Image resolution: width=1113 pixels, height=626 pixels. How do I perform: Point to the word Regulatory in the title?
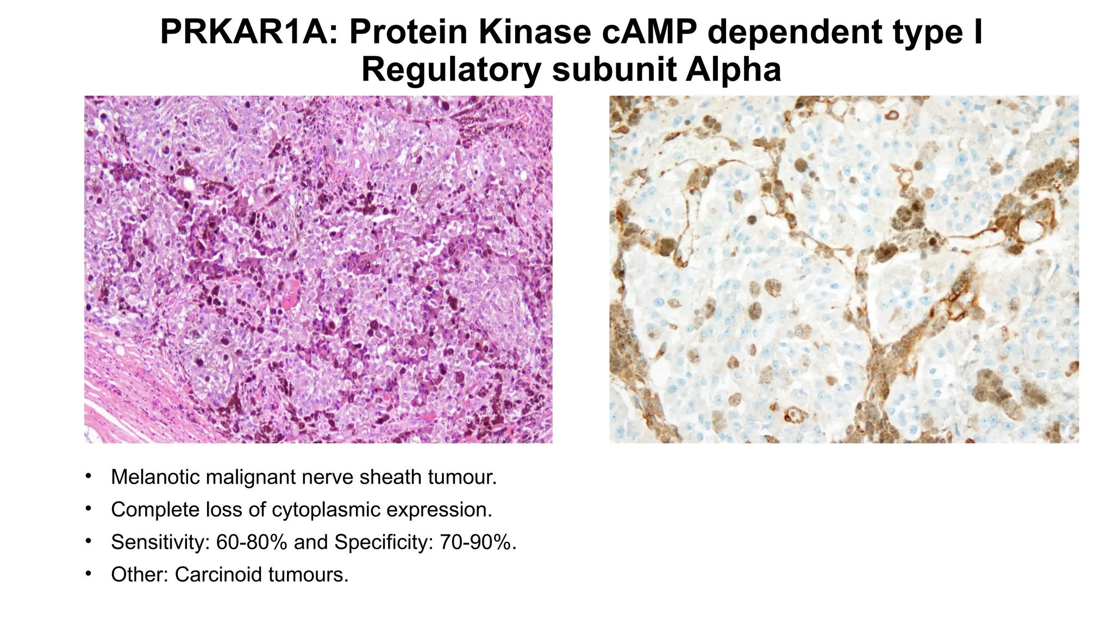pos(451,70)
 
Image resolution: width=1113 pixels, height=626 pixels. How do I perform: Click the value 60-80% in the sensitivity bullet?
pos(252,542)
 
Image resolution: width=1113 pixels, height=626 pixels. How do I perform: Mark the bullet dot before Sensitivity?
pos(88,542)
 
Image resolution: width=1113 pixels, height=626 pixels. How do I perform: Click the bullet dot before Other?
pos(88,574)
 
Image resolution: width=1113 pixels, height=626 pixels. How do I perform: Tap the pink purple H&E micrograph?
pos(318,270)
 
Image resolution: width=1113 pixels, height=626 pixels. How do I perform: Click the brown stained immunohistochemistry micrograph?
pos(844,270)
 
